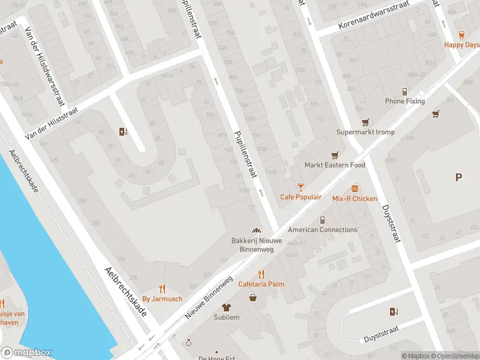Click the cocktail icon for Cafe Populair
coord(301,188)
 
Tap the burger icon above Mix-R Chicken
coord(355,189)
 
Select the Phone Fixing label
coord(405,101)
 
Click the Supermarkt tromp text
coord(364,132)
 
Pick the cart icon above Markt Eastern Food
coord(334,155)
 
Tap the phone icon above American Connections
coord(322,220)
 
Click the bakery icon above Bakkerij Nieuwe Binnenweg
coord(256,230)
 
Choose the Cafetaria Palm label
coord(261,284)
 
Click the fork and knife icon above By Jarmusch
coord(162,289)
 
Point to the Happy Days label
coord(461,45)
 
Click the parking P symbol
coord(459,177)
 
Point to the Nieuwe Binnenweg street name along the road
coord(209,298)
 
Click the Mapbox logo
coord(26,353)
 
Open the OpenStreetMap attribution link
coord(454,356)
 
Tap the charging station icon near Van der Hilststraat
coord(124,132)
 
